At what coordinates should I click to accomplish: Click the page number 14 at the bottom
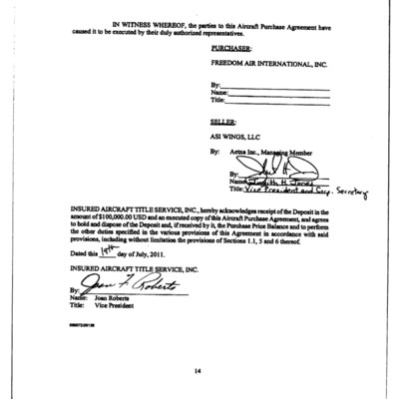click(198, 370)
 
